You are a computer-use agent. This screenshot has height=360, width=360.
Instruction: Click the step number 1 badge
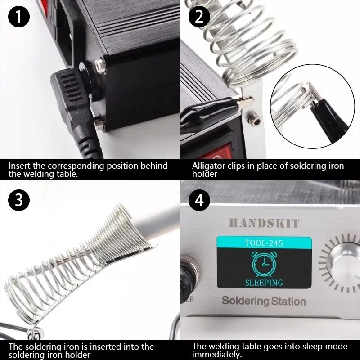coord(19,17)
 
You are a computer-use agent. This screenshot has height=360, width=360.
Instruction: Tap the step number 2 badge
coord(199,17)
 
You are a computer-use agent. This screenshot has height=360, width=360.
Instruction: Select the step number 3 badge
coord(19,200)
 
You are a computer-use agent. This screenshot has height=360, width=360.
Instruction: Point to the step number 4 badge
coord(199,200)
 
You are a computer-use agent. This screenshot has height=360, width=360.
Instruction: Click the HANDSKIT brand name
coord(264,223)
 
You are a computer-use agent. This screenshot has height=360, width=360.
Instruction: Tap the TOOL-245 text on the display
coord(264,243)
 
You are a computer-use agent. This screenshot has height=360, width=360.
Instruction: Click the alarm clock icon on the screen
coord(264,264)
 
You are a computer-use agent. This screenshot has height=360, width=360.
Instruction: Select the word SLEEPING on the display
coord(264,283)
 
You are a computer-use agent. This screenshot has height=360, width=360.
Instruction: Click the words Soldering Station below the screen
coord(264,301)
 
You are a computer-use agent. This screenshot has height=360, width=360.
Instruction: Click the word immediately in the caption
coord(217,355)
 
